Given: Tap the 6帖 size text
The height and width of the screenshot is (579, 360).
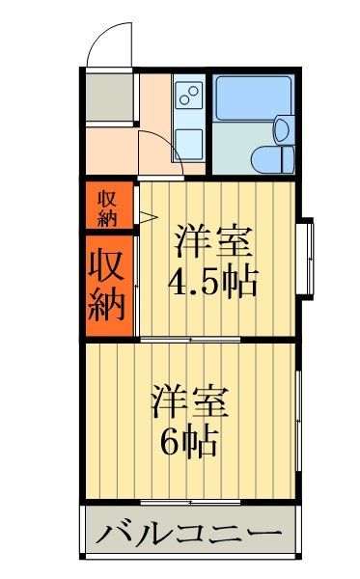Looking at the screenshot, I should [188, 441].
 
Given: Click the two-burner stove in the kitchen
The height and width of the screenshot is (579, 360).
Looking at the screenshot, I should [189, 96].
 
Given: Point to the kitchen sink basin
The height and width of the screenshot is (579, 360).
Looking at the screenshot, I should [189, 142].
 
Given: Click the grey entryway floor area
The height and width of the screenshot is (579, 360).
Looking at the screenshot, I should [107, 96].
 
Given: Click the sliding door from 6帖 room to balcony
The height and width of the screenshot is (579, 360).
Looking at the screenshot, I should [189, 503].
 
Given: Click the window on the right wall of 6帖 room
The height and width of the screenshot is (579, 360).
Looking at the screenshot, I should [299, 415].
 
